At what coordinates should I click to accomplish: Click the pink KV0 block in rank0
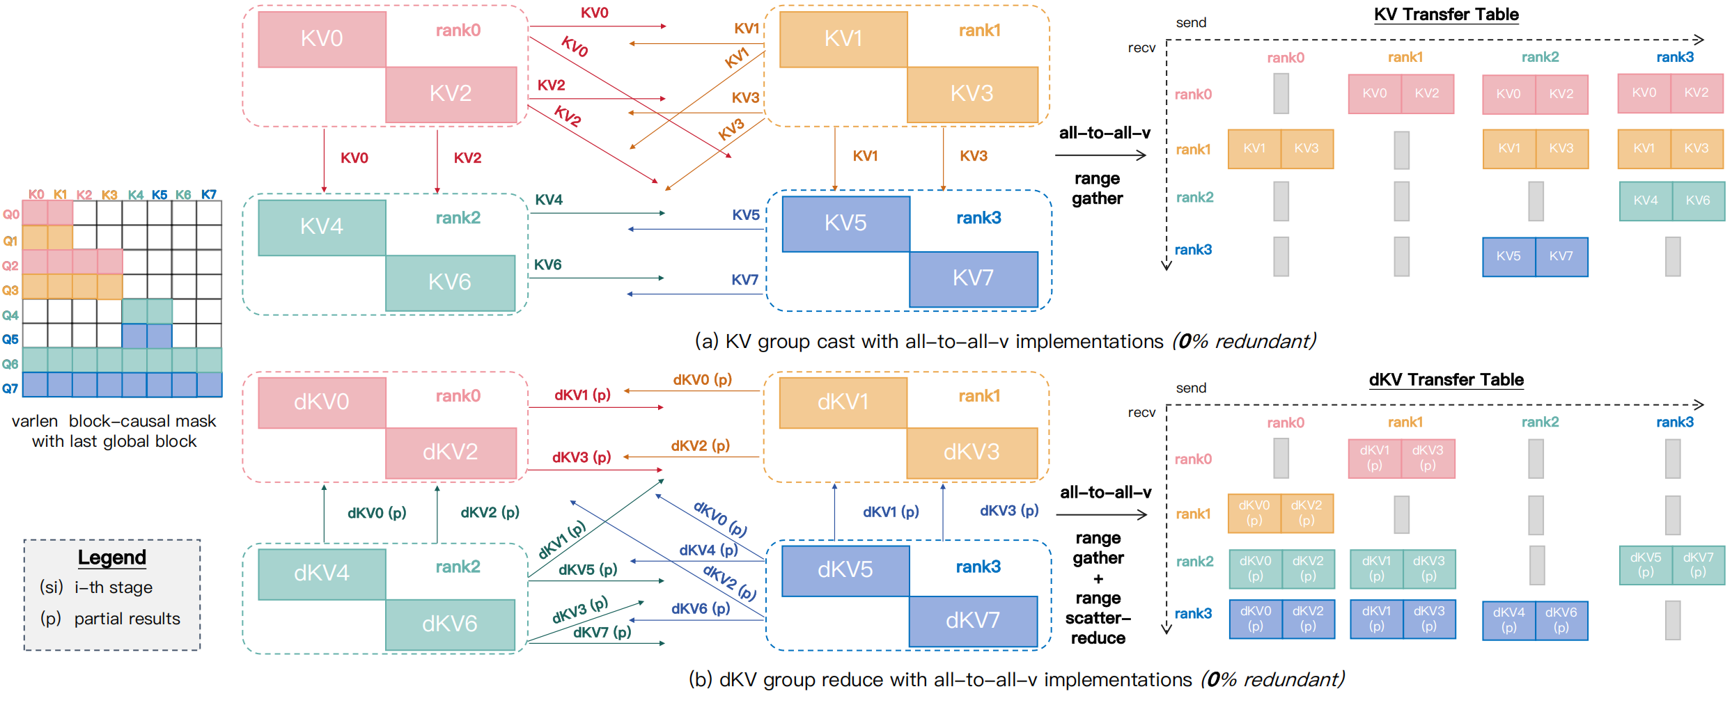pos(322,39)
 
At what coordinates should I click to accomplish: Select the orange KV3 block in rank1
pos(972,94)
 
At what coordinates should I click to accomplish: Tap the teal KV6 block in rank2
pos(450,283)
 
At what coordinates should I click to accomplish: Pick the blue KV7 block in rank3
pos(973,278)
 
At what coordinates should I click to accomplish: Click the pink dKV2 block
pos(451,452)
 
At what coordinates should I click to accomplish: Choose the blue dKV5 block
pos(845,570)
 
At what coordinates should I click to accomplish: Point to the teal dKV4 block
pos(322,573)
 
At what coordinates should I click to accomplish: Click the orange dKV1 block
pos(843,402)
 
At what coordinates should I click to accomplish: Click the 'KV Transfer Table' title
pos(1446,15)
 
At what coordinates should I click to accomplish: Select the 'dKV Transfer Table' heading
pos(1446,380)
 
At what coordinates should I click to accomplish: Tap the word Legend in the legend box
pos(112,557)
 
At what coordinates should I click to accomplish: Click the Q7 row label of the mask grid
pos(10,388)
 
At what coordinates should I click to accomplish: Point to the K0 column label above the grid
pos(36,194)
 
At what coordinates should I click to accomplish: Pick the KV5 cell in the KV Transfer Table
pos(1508,257)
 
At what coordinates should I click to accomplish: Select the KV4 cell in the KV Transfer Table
pos(1646,201)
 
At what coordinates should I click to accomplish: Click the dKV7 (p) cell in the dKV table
pos(1698,564)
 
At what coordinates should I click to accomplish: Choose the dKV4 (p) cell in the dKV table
pos(1508,620)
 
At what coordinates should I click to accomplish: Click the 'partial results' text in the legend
pos(127,619)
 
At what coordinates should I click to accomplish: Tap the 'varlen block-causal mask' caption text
pos(114,422)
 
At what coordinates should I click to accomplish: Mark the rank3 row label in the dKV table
pos(1193,614)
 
